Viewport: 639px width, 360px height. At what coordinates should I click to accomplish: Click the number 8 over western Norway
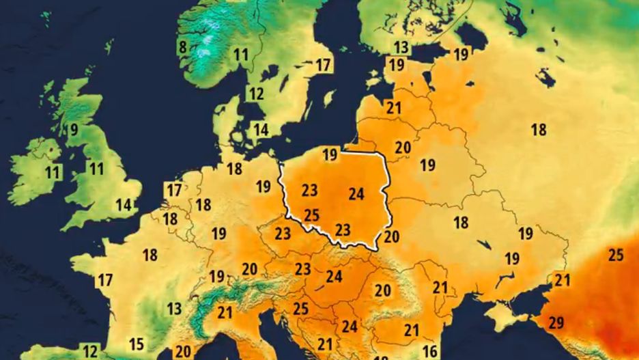tap(182, 47)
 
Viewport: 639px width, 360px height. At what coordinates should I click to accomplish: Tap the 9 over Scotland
tap(74, 129)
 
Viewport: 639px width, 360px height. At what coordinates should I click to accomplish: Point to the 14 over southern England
tap(124, 204)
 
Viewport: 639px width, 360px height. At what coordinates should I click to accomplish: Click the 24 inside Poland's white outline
tap(356, 194)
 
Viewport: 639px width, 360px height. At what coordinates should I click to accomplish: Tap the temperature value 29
tap(556, 322)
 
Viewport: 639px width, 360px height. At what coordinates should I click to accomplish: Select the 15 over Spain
tap(137, 344)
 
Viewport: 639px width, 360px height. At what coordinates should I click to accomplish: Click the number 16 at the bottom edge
tap(429, 351)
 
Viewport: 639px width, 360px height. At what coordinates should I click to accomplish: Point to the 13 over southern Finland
tap(401, 47)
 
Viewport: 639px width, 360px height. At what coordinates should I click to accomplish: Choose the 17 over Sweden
tap(323, 66)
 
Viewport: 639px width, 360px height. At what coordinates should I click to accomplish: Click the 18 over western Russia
tap(539, 129)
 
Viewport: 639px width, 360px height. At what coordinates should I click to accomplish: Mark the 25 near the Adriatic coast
tap(301, 308)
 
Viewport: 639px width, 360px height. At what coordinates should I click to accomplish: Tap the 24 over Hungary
tap(334, 277)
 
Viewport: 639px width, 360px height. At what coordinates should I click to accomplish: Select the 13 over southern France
tap(175, 308)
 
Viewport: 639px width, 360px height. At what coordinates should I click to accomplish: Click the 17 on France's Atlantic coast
tap(105, 280)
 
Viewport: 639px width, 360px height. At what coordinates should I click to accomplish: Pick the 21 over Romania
tap(440, 288)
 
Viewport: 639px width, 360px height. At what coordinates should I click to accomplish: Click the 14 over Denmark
tap(261, 129)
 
